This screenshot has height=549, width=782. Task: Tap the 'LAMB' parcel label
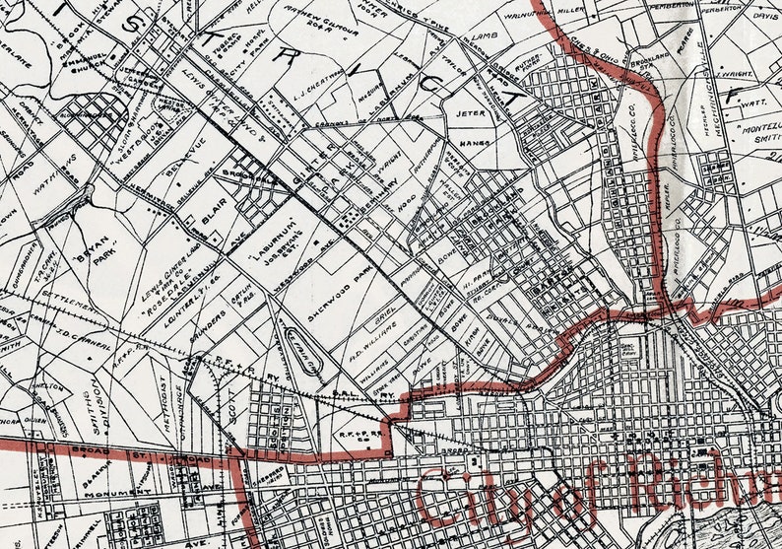pyautogui.click(x=480, y=35)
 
